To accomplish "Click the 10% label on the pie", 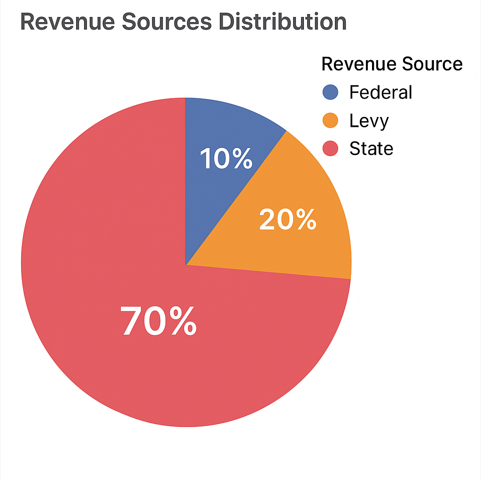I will pos(226,159).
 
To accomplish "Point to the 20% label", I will pos(287,220).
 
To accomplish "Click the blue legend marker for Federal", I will pos(331,92).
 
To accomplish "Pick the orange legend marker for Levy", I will pos(331,120).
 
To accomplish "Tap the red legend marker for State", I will pos(331,148).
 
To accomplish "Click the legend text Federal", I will pos(380,92).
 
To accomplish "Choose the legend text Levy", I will pos(369,121).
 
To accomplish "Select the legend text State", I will pos(371,148).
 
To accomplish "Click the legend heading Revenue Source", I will pos(392,64).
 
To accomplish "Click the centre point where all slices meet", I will pos(186,264).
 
